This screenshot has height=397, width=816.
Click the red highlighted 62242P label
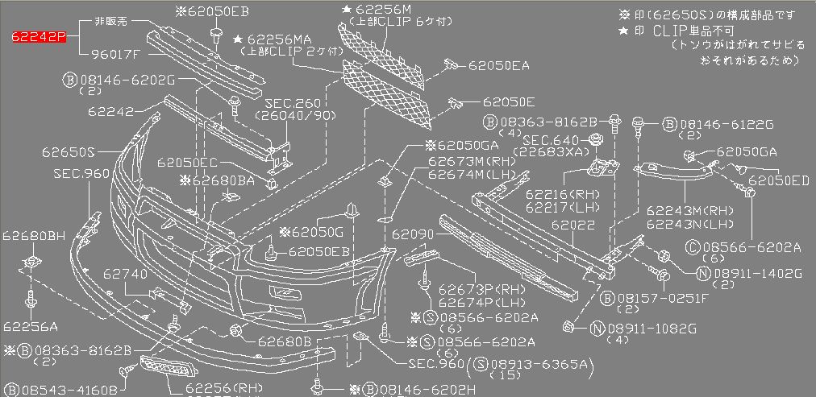[39, 37]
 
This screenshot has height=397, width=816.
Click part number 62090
[414, 235]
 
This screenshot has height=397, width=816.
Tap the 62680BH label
[33, 235]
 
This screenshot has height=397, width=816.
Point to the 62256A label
[30, 326]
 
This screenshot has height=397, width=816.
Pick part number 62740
[124, 274]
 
